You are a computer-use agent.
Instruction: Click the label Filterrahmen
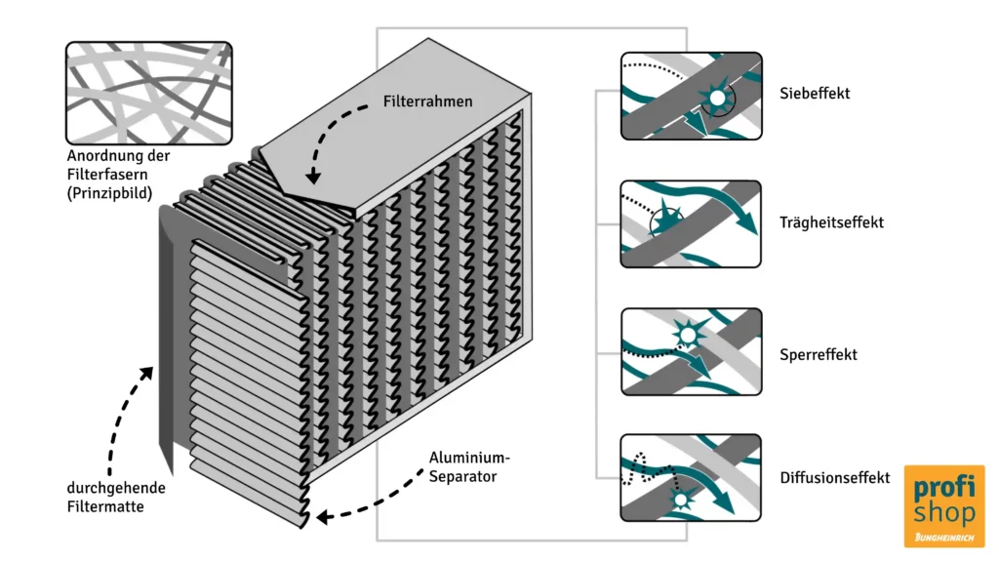pos(427,100)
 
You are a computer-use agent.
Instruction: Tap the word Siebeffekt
pos(815,94)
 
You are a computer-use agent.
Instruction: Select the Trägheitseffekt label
pos(831,222)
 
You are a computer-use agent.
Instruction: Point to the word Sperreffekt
pos(819,354)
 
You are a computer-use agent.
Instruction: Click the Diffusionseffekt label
pos(834,478)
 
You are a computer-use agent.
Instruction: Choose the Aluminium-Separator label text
pos(469,467)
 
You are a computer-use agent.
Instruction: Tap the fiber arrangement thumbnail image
pos(148,92)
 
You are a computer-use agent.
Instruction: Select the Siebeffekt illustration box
pos(691,96)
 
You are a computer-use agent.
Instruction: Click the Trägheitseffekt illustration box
pos(691,223)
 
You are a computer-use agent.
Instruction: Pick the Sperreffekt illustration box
pos(691,351)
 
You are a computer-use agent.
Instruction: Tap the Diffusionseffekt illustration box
pos(691,477)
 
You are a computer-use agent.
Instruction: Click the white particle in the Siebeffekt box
pos(717,99)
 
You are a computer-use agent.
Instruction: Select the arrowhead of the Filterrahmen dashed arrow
pos(312,178)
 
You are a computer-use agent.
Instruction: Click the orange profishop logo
pos(943,504)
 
